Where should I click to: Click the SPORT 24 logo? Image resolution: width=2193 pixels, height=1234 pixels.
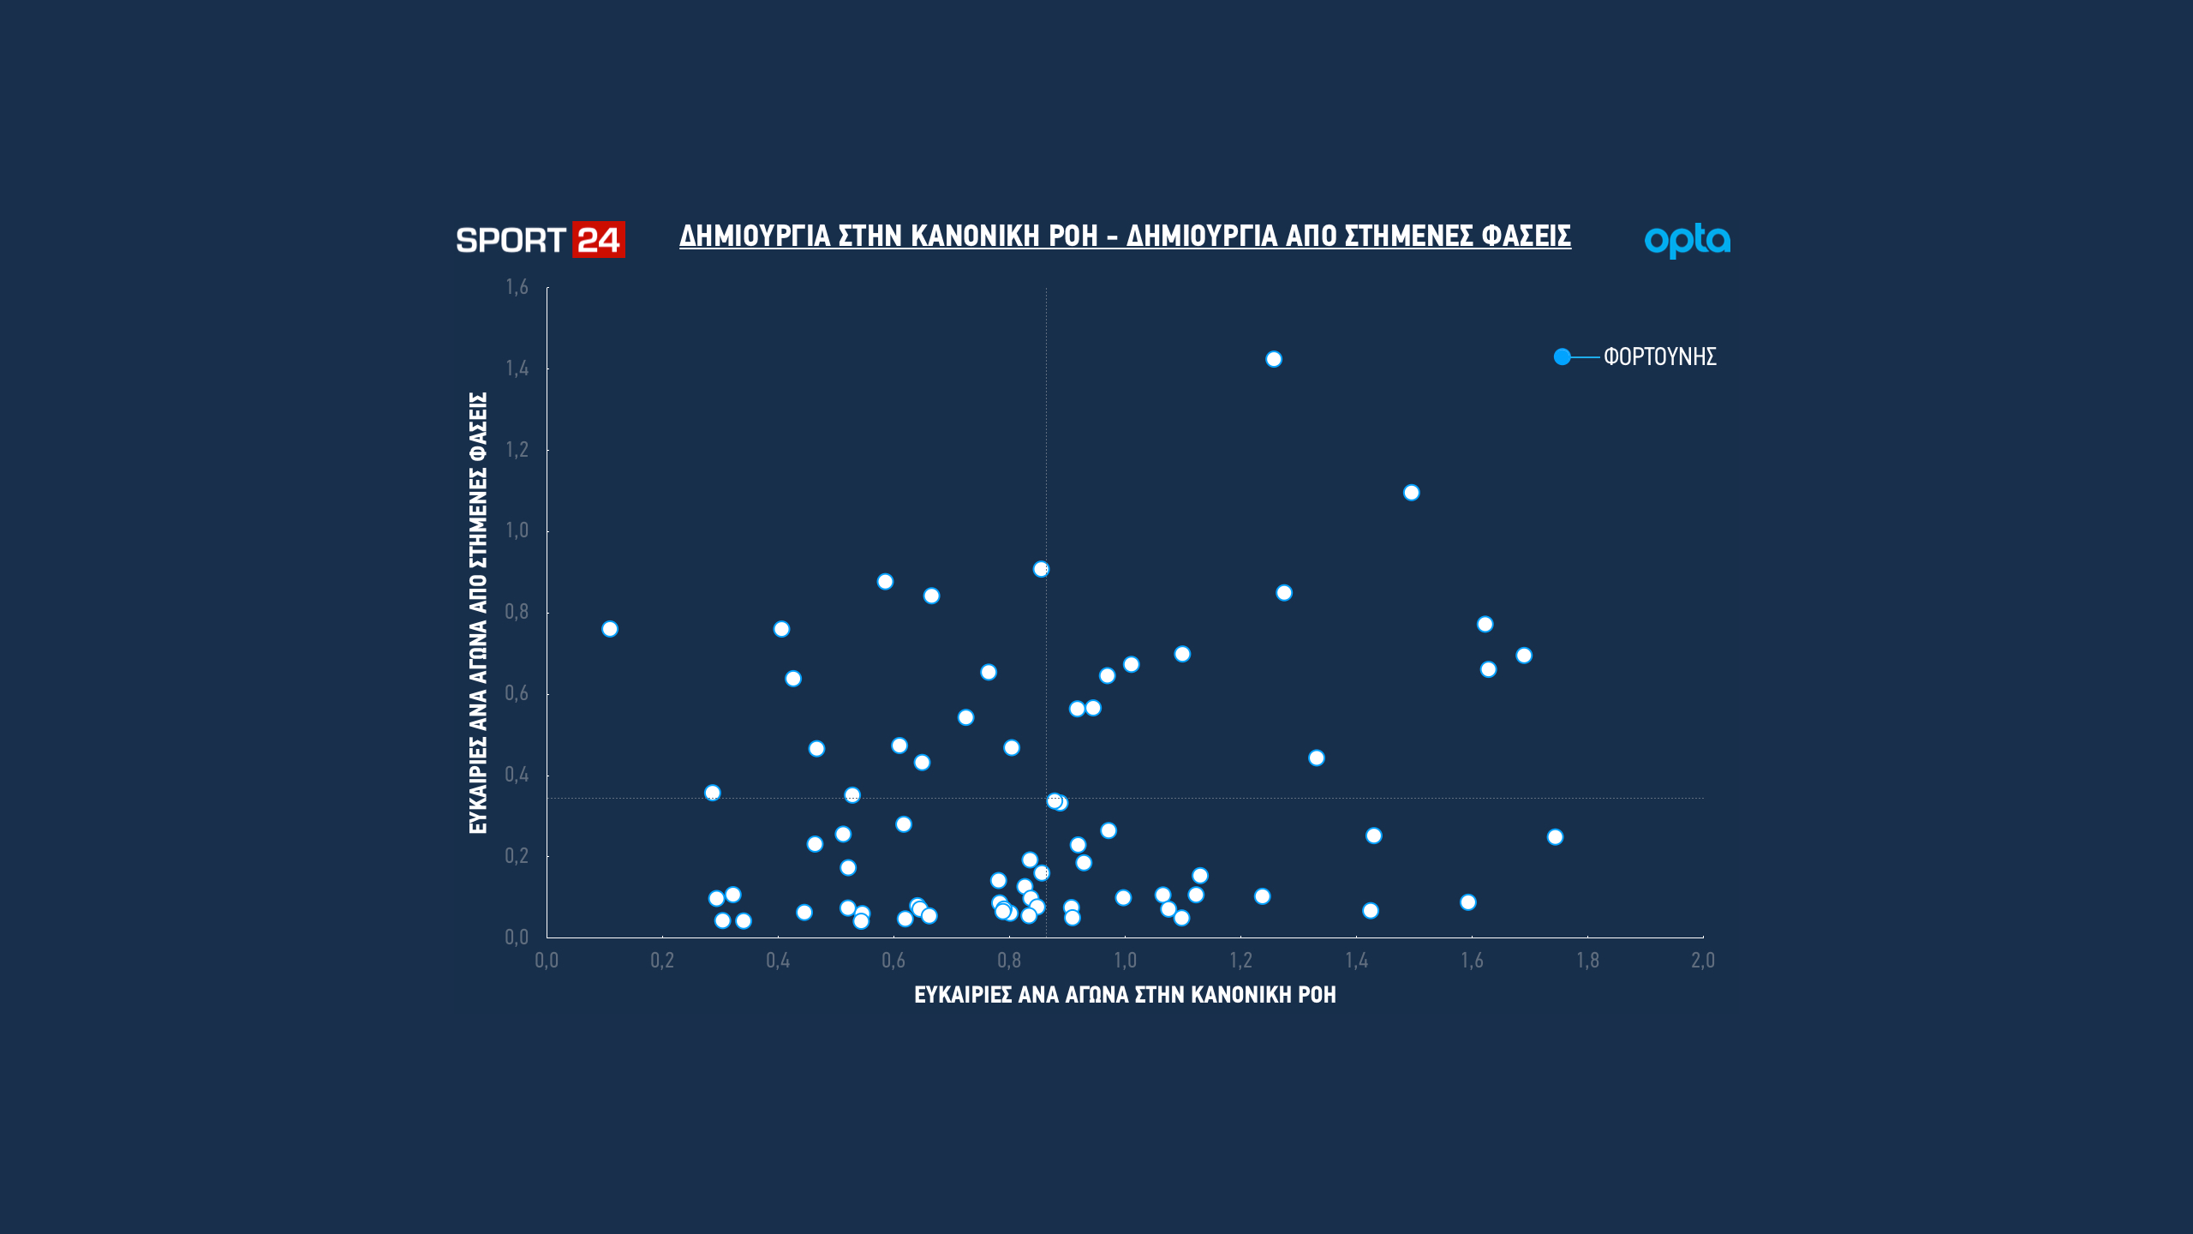tap(540, 240)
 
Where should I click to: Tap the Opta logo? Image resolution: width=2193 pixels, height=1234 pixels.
tap(1687, 241)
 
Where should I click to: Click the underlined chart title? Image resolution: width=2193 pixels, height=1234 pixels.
tap(1125, 236)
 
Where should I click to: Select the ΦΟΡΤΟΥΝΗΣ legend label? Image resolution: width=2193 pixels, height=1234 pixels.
tap(1659, 356)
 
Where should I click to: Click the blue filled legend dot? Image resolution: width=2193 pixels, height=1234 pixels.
tap(1563, 356)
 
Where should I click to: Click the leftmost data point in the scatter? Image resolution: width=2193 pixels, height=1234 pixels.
tap(610, 629)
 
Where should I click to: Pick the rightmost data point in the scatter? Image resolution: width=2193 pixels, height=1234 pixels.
tap(1555, 837)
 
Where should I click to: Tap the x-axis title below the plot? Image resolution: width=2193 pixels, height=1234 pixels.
tap(1125, 995)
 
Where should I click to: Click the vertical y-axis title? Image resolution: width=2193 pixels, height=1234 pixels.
tap(478, 613)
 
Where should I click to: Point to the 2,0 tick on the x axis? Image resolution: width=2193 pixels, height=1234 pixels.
tap(1703, 961)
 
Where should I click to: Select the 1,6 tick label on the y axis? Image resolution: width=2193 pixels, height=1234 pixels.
tap(517, 287)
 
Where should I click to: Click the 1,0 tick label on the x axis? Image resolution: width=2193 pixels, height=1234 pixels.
tap(1125, 961)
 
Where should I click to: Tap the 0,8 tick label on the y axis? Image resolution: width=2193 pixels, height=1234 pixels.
tap(517, 612)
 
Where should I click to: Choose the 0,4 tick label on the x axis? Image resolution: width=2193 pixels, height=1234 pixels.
tap(778, 961)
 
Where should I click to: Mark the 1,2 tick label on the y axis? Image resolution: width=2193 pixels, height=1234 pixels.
tap(517, 450)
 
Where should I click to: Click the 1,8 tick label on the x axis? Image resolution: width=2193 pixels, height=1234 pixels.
tap(1587, 961)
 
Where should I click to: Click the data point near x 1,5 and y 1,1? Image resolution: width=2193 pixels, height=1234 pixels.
tap(1412, 493)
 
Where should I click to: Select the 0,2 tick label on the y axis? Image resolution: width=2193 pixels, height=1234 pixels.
tap(517, 856)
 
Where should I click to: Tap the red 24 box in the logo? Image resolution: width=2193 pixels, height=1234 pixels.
tap(598, 240)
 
